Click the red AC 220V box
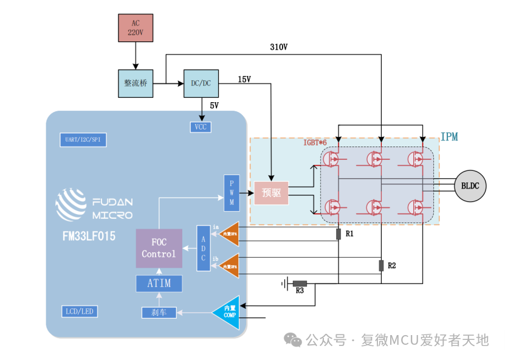(136, 28)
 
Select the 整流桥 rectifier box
(136, 83)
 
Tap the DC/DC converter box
(201, 83)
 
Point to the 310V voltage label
(278, 47)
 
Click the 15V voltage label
(244, 80)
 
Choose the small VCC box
(201, 126)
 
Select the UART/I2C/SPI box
(83, 139)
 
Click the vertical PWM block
(232, 193)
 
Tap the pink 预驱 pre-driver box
(271, 193)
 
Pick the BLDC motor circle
(470, 186)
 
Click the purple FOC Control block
(159, 248)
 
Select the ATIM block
(159, 283)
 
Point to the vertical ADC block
(204, 247)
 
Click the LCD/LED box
(80, 311)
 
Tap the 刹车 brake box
(159, 313)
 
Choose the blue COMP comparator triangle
(228, 312)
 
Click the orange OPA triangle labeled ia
(230, 234)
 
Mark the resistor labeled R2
(381, 265)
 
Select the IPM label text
(449, 137)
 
